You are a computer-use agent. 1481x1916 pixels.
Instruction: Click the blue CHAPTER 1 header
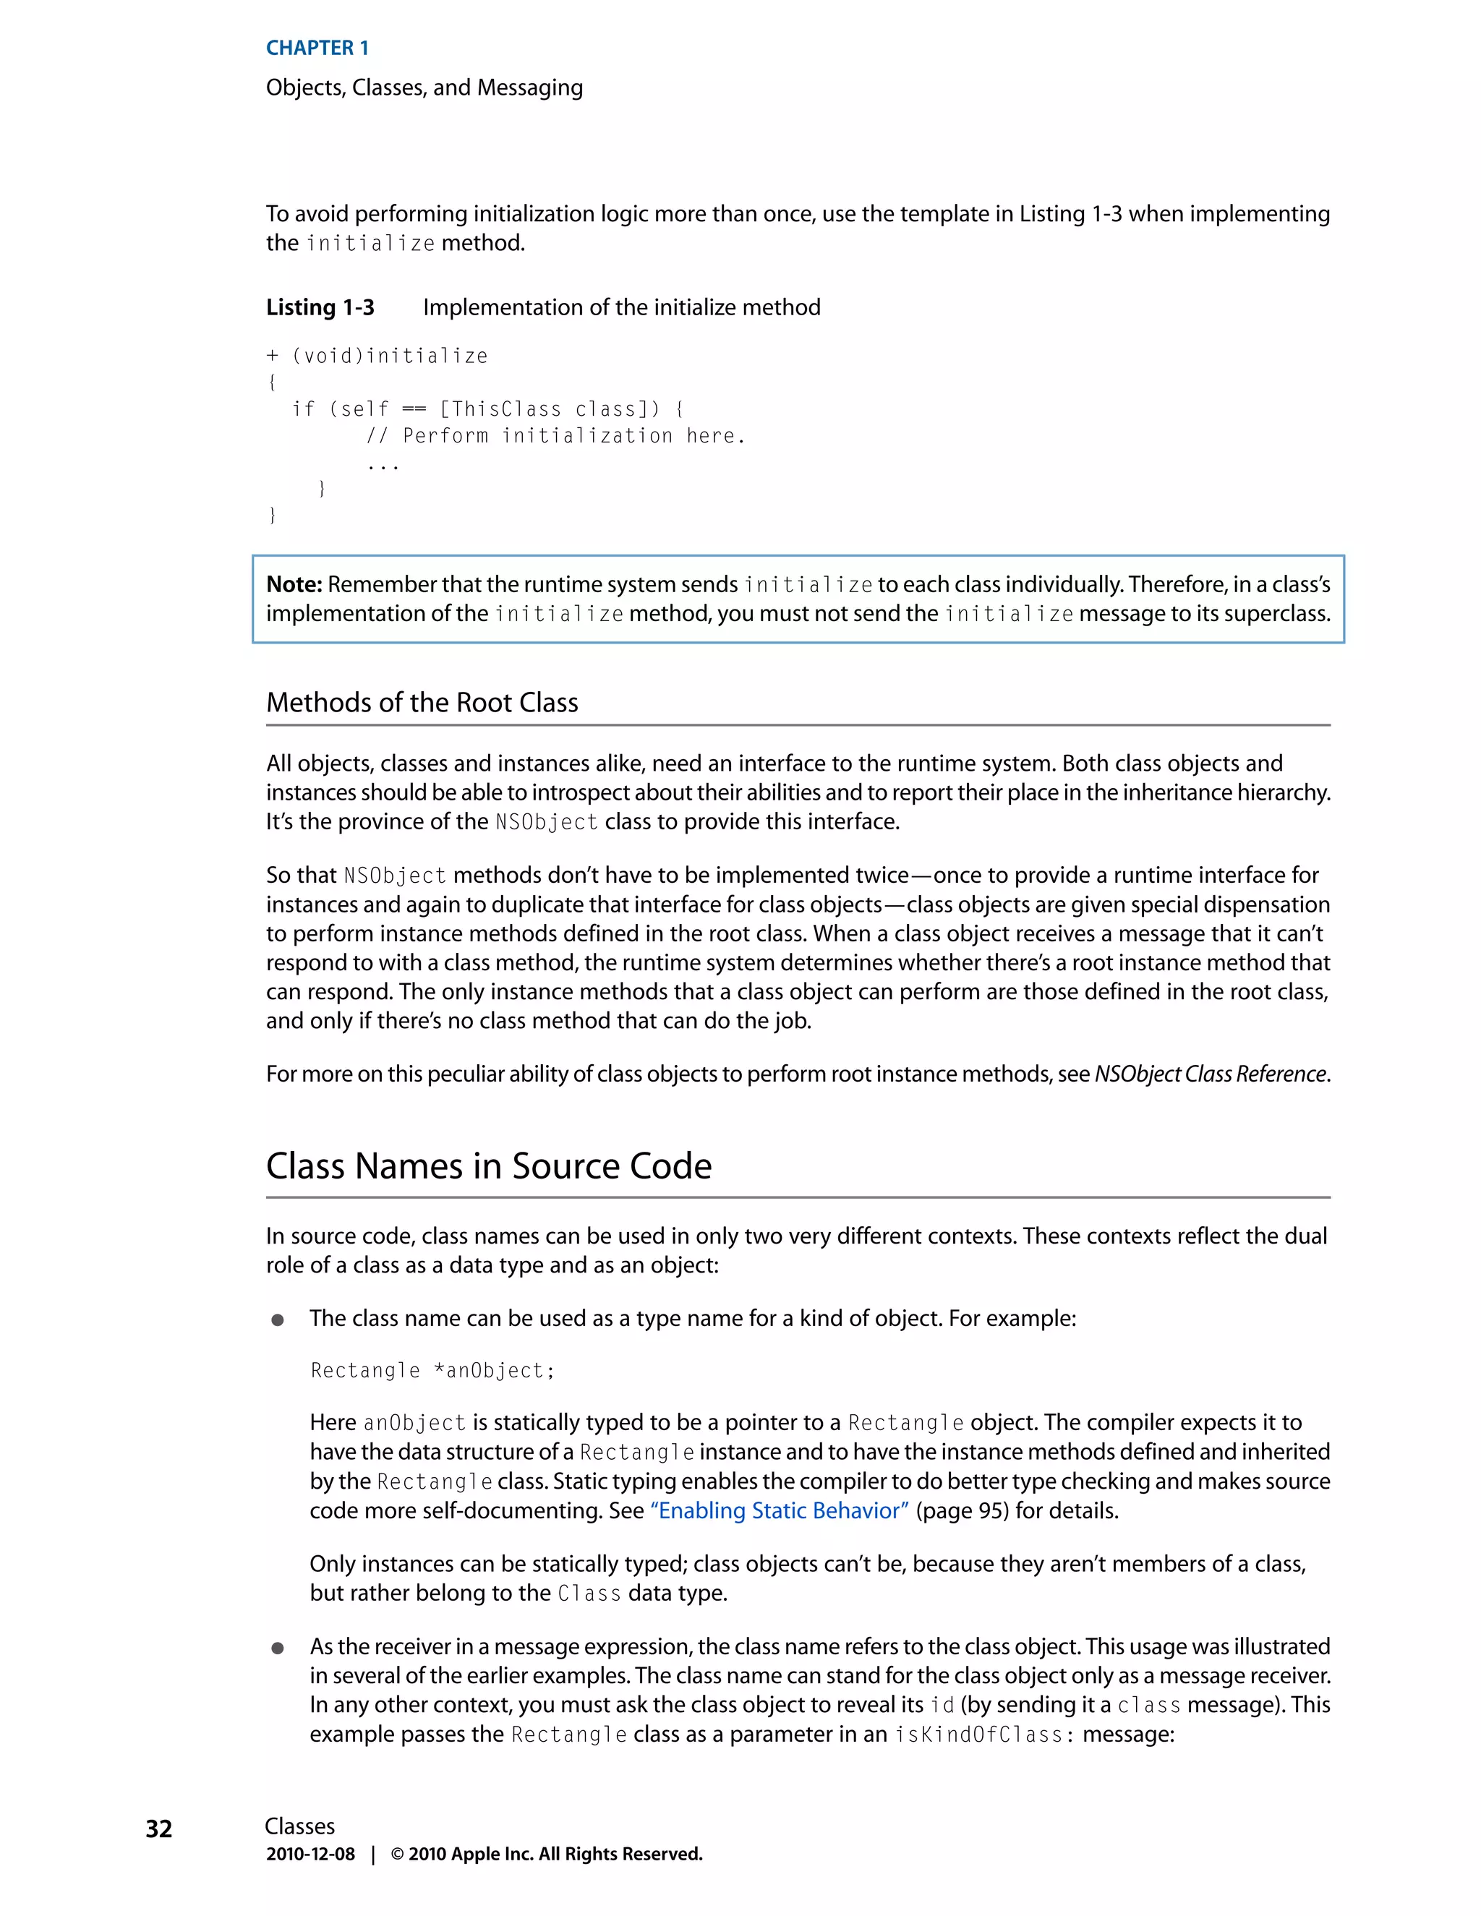(317, 48)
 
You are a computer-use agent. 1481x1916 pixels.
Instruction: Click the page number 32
(159, 1829)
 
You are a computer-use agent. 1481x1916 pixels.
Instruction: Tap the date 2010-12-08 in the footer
(310, 1854)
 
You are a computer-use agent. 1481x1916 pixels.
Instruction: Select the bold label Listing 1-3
(320, 307)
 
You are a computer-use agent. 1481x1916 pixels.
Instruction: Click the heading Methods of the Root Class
(422, 702)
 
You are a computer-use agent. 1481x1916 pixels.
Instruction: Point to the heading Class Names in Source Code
(489, 1166)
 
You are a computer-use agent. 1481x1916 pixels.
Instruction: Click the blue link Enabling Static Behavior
(779, 1510)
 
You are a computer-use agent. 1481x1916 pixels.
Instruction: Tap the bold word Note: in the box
(294, 584)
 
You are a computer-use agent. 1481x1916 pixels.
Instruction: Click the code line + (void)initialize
(377, 356)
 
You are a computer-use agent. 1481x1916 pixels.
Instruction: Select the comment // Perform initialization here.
(555, 436)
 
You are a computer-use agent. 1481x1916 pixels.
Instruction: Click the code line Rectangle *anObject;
(432, 1370)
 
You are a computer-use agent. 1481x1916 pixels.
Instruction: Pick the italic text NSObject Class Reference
(1210, 1074)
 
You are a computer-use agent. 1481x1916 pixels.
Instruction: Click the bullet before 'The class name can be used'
(277, 1320)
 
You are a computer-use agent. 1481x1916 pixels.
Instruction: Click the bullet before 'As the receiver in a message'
(277, 1648)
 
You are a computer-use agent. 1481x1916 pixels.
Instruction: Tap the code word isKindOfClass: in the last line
(984, 1735)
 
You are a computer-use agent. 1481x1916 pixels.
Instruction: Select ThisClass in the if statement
(505, 410)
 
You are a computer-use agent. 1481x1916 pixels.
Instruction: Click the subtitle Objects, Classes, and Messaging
(424, 87)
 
